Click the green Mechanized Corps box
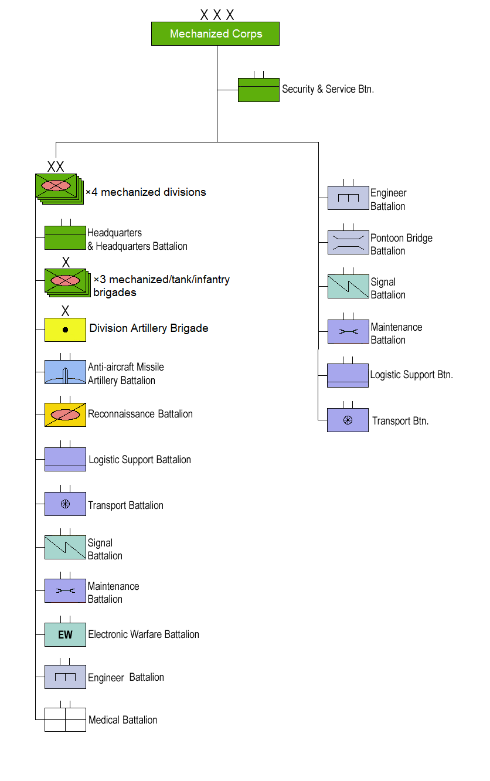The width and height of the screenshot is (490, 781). click(x=215, y=34)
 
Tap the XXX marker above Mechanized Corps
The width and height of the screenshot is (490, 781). click(x=217, y=15)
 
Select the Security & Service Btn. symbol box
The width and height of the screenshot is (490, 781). click(x=258, y=90)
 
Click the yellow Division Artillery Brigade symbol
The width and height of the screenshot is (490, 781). click(x=65, y=330)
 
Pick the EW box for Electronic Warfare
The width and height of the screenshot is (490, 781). click(x=65, y=635)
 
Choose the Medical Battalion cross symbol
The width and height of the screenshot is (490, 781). click(x=65, y=719)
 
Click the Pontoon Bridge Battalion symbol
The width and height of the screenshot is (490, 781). click(x=348, y=243)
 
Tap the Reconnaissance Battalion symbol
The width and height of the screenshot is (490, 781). click(x=65, y=415)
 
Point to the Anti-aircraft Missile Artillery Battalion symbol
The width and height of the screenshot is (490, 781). click(x=65, y=372)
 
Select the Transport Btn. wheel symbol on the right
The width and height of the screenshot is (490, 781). click(x=348, y=420)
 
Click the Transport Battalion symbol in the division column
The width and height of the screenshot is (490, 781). click(x=65, y=504)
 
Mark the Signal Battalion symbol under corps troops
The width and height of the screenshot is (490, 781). click(x=348, y=286)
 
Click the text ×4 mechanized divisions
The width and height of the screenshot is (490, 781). click(x=146, y=192)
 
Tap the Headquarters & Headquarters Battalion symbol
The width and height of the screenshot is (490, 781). click(x=65, y=237)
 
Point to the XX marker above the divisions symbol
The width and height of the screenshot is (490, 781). click(x=56, y=167)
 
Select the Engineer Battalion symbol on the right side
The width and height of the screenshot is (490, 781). click(x=348, y=198)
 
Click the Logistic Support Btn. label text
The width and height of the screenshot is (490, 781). click(x=411, y=375)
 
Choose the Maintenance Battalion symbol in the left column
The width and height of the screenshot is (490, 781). click(x=65, y=591)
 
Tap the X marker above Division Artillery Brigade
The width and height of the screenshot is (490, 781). click(x=66, y=310)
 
